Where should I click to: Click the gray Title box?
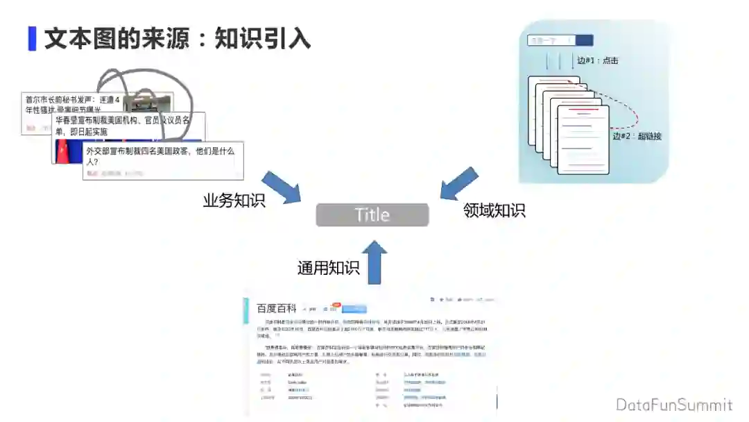coord(372,214)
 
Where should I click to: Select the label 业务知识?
coord(234,201)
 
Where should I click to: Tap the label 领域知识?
coord(494,210)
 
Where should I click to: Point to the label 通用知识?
coord(328,268)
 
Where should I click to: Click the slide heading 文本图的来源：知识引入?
coord(178,38)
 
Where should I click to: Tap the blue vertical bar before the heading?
coord(32,38)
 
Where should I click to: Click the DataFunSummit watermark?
coord(673,405)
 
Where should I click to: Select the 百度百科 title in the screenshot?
coord(276,308)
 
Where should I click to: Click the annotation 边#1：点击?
coord(597,60)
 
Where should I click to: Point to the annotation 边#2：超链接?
coord(637,136)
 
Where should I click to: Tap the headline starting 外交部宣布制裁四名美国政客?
coord(160,155)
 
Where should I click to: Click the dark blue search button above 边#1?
coord(584,40)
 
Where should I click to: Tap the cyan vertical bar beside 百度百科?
coord(246,311)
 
